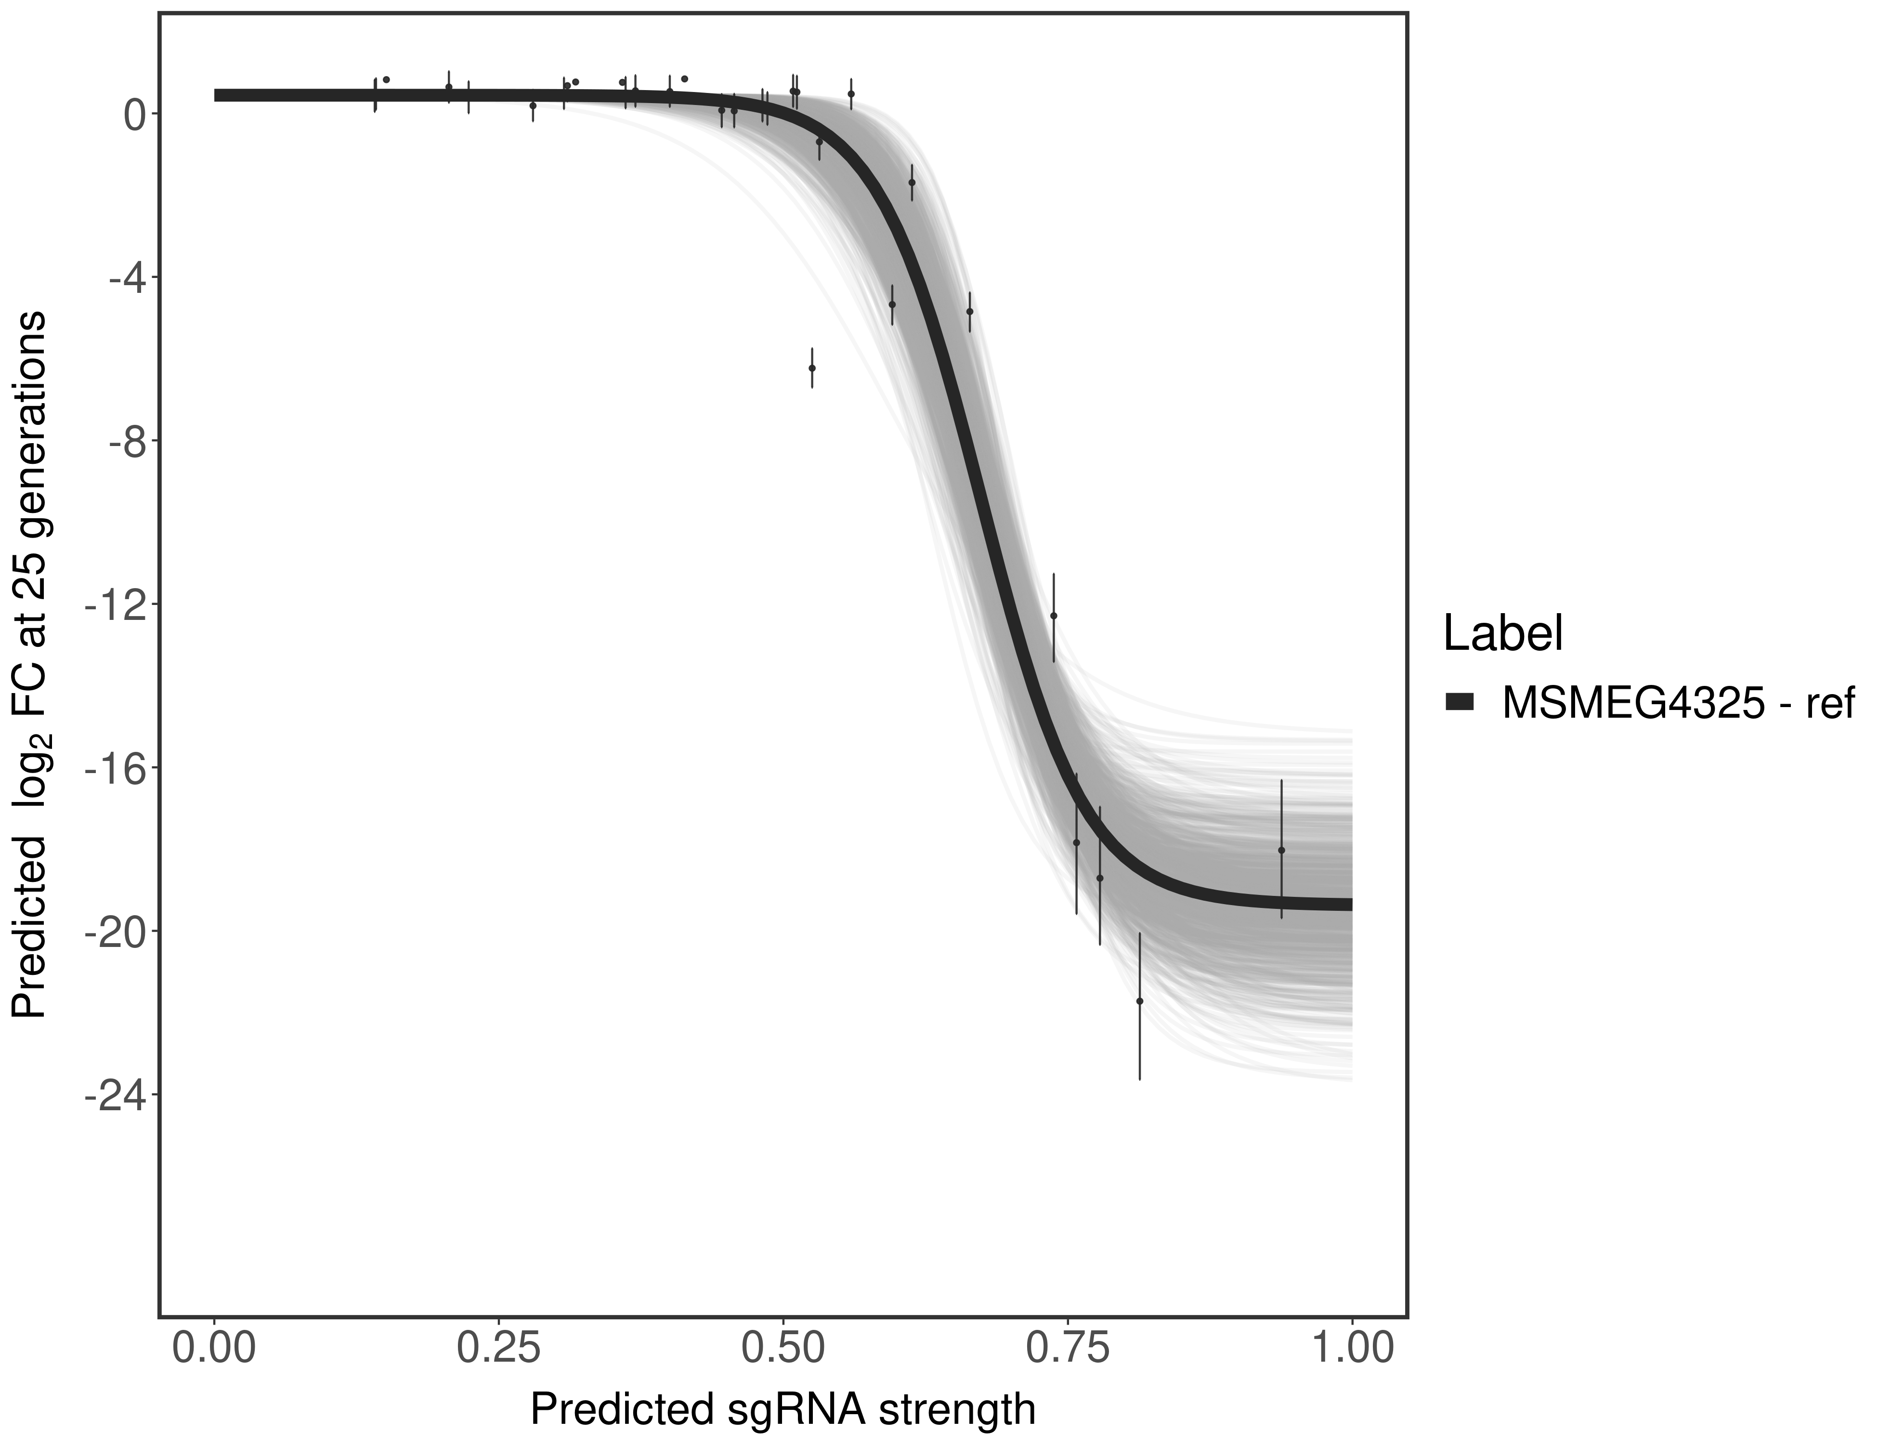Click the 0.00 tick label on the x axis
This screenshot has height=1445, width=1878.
pyautogui.click(x=214, y=1349)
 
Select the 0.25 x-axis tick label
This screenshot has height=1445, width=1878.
pyautogui.click(x=499, y=1349)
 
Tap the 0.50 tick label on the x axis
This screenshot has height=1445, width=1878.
pyautogui.click(x=783, y=1349)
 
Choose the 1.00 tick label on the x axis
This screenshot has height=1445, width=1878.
pyautogui.click(x=1352, y=1349)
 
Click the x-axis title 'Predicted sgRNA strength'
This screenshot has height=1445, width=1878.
pyautogui.click(x=782, y=1411)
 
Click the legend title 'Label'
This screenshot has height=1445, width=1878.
pyautogui.click(x=1502, y=634)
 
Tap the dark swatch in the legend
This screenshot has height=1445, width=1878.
pyautogui.click(x=1459, y=703)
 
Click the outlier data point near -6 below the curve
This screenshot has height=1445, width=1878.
pyautogui.click(x=812, y=368)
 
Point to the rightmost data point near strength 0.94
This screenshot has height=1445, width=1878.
pyautogui.click(x=1281, y=850)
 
